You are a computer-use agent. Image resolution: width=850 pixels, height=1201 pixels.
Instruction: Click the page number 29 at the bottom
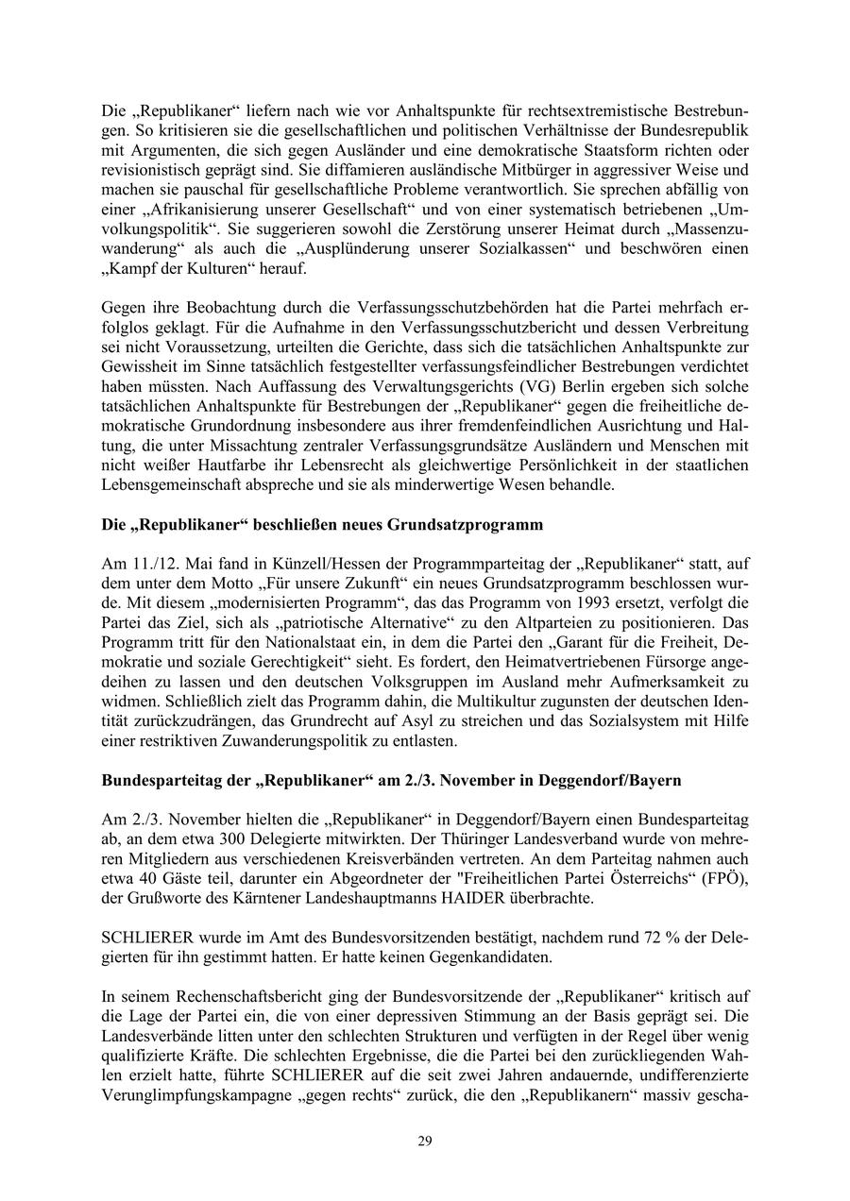(x=425, y=1141)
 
